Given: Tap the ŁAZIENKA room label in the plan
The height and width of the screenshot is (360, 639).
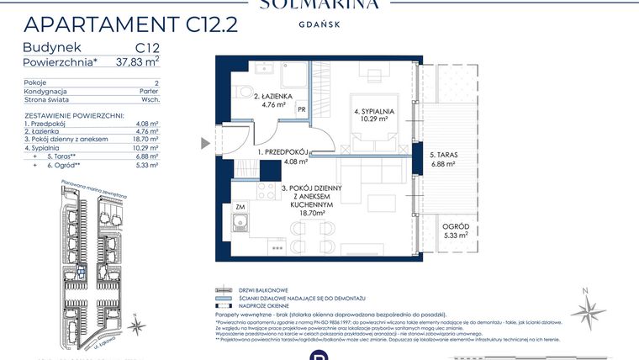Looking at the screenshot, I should [273, 98].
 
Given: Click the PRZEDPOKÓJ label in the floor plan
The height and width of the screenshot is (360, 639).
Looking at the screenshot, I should [283, 152].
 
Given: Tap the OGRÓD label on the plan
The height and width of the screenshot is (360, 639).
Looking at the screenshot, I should [457, 227].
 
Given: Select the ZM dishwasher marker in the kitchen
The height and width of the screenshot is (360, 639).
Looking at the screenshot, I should [240, 206].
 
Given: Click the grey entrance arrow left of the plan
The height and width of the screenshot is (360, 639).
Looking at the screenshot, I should [205, 144].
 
